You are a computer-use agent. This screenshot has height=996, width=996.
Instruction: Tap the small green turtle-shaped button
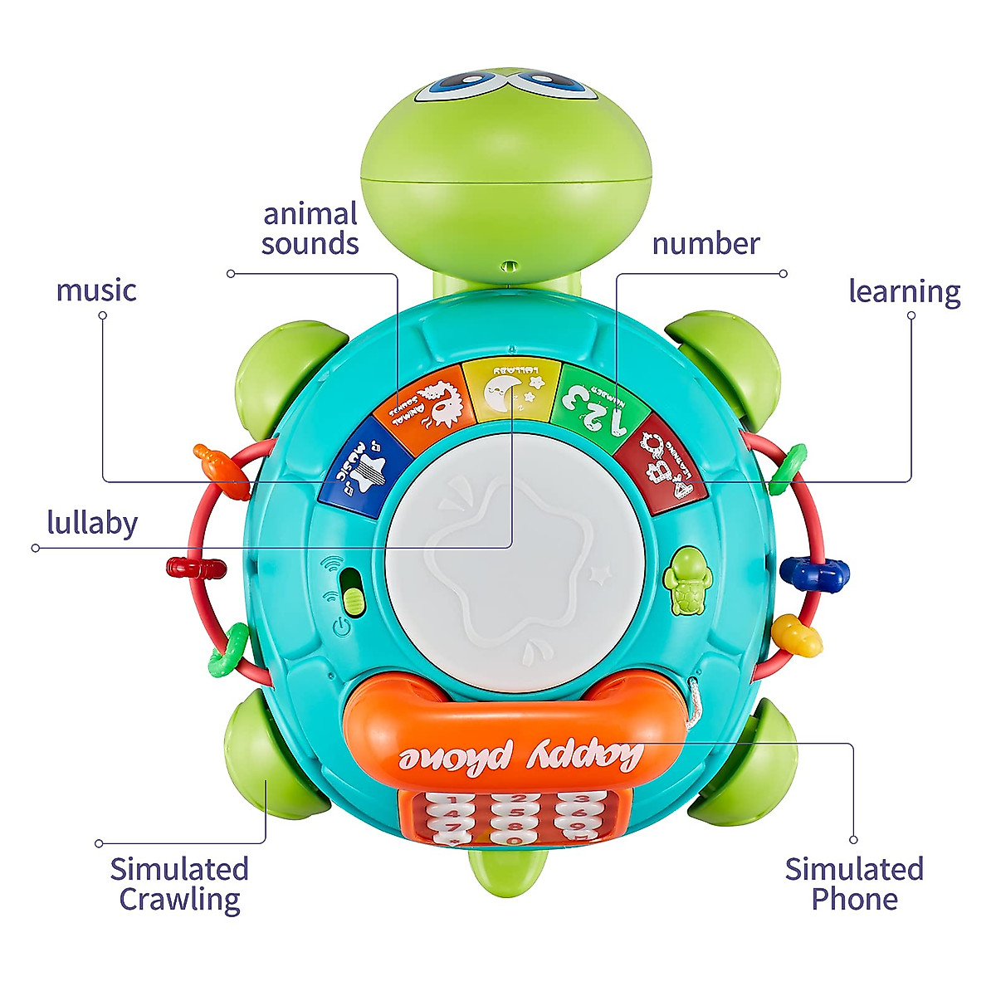(x=686, y=581)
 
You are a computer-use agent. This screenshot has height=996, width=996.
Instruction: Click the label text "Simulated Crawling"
(x=179, y=884)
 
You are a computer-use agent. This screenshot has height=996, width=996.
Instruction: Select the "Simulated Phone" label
(x=854, y=884)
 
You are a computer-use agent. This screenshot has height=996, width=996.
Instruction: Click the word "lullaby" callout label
(x=92, y=523)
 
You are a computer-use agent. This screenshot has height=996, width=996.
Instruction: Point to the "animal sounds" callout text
(x=310, y=228)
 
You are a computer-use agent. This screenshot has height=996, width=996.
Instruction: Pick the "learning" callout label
(x=904, y=291)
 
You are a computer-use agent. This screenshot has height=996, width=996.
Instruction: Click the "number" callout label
(x=705, y=244)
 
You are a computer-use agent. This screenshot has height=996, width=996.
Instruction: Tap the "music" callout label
(x=96, y=290)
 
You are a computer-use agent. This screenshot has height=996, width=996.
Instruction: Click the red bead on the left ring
(x=196, y=569)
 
